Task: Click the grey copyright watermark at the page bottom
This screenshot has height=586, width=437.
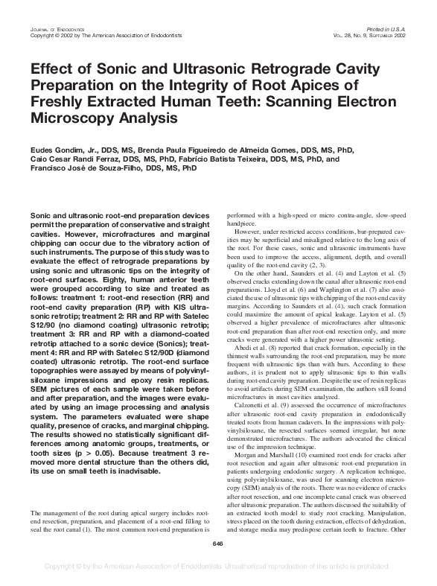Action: click(x=218, y=567)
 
